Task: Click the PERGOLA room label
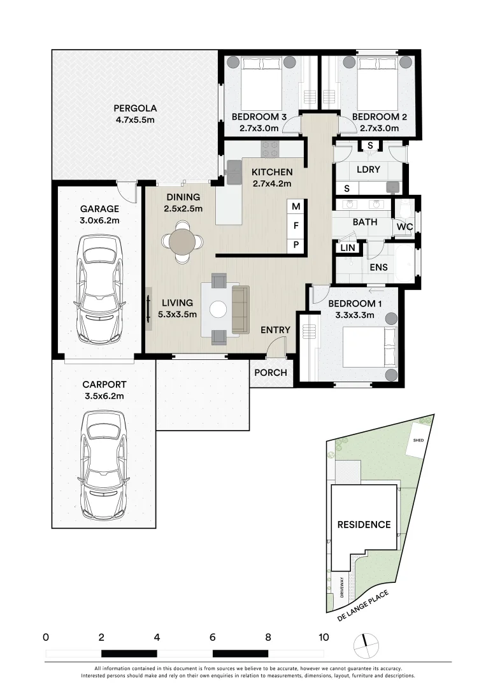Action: tap(135, 108)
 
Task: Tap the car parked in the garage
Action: tap(99, 290)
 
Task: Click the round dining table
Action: tap(183, 241)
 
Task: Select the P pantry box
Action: tap(296, 245)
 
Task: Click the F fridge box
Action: tap(296, 226)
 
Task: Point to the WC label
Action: tap(404, 226)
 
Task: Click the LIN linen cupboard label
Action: tap(348, 248)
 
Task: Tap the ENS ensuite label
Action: tap(379, 267)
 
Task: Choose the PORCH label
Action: tap(271, 373)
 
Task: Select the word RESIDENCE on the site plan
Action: tap(364, 524)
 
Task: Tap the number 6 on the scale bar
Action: tap(213, 636)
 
